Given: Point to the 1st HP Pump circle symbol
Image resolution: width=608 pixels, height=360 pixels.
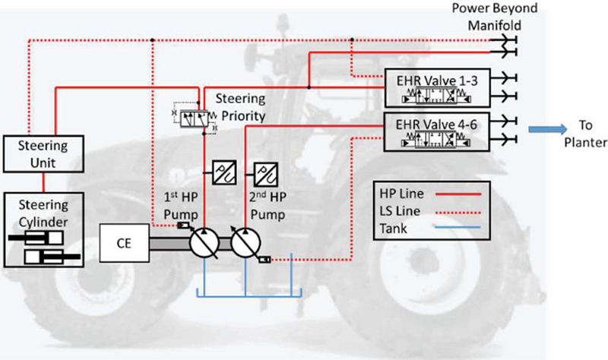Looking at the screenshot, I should (x=203, y=245).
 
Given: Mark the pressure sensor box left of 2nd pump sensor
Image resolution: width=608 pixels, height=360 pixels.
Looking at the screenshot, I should (x=225, y=170).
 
